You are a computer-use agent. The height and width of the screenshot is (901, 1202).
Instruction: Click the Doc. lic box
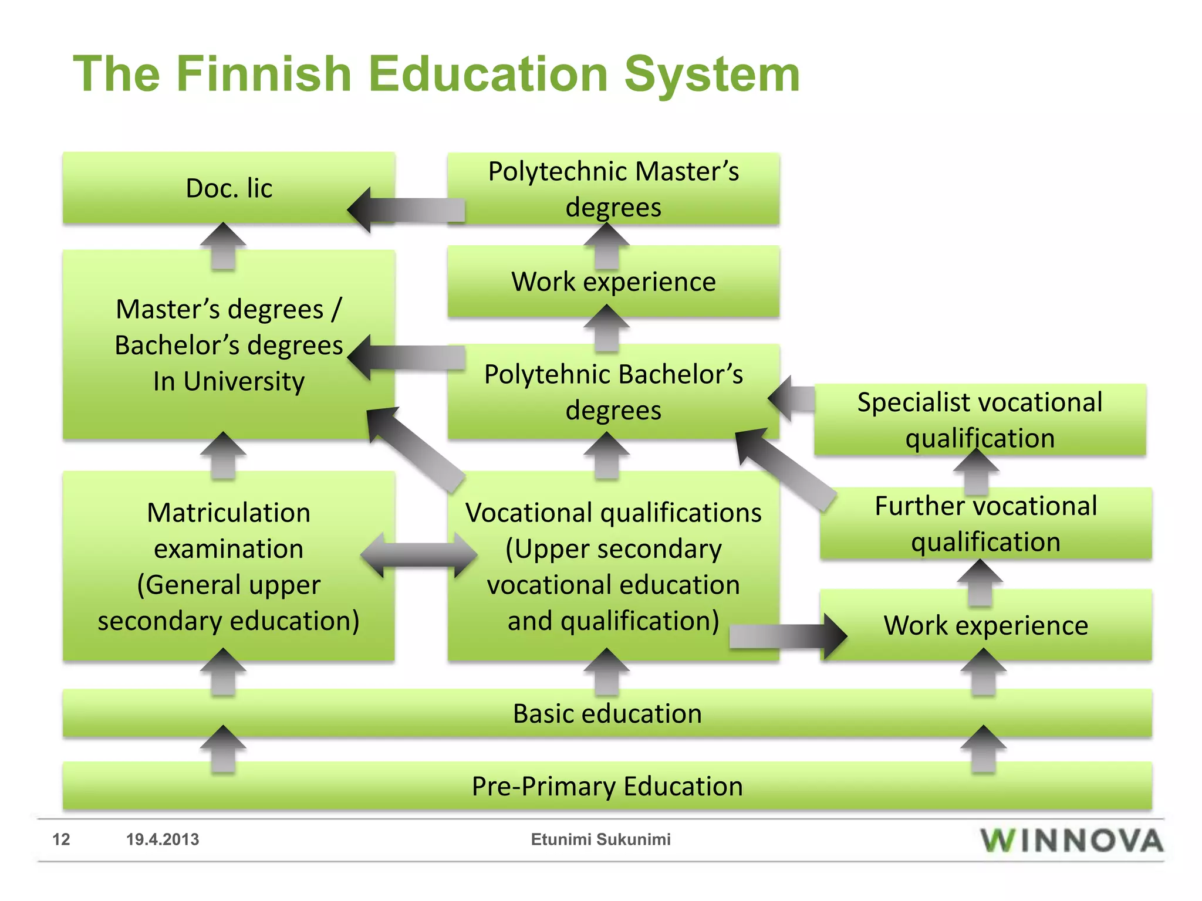[229, 188]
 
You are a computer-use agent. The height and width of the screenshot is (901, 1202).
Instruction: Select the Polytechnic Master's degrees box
[613, 189]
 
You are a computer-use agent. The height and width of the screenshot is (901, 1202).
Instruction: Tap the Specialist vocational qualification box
[980, 420]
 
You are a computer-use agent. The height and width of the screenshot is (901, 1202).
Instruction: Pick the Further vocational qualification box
[985, 523]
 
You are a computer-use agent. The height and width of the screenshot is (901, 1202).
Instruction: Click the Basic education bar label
[607, 714]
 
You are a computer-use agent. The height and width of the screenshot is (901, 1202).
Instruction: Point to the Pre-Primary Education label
[607, 786]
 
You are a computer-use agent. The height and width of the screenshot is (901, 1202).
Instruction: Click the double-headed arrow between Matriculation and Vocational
[419, 554]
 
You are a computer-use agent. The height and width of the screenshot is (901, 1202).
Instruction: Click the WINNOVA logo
[1071, 840]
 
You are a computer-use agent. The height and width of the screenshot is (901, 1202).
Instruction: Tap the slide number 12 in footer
[61, 839]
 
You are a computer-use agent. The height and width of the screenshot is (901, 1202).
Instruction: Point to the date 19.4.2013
[163, 839]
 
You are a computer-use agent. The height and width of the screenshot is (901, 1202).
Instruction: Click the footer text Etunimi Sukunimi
[600, 839]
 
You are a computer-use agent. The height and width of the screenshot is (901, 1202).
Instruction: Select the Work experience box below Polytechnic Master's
[613, 282]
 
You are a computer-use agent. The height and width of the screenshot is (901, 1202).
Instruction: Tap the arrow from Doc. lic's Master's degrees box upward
[223, 245]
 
